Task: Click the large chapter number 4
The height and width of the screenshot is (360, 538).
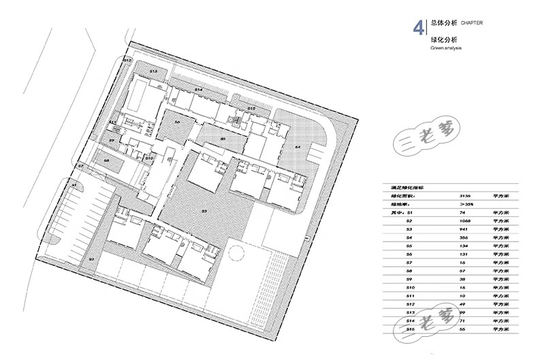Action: (418, 28)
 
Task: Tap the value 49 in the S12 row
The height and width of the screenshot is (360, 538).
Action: (463, 304)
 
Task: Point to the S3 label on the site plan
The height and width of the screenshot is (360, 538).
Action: (204, 212)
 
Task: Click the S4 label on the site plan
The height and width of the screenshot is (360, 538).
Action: (298, 146)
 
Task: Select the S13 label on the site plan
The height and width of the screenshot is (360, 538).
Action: (154, 71)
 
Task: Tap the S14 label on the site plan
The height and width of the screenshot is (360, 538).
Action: (199, 90)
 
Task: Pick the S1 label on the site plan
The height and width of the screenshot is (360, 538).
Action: (74, 184)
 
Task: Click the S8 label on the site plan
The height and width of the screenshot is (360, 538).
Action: (106, 161)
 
